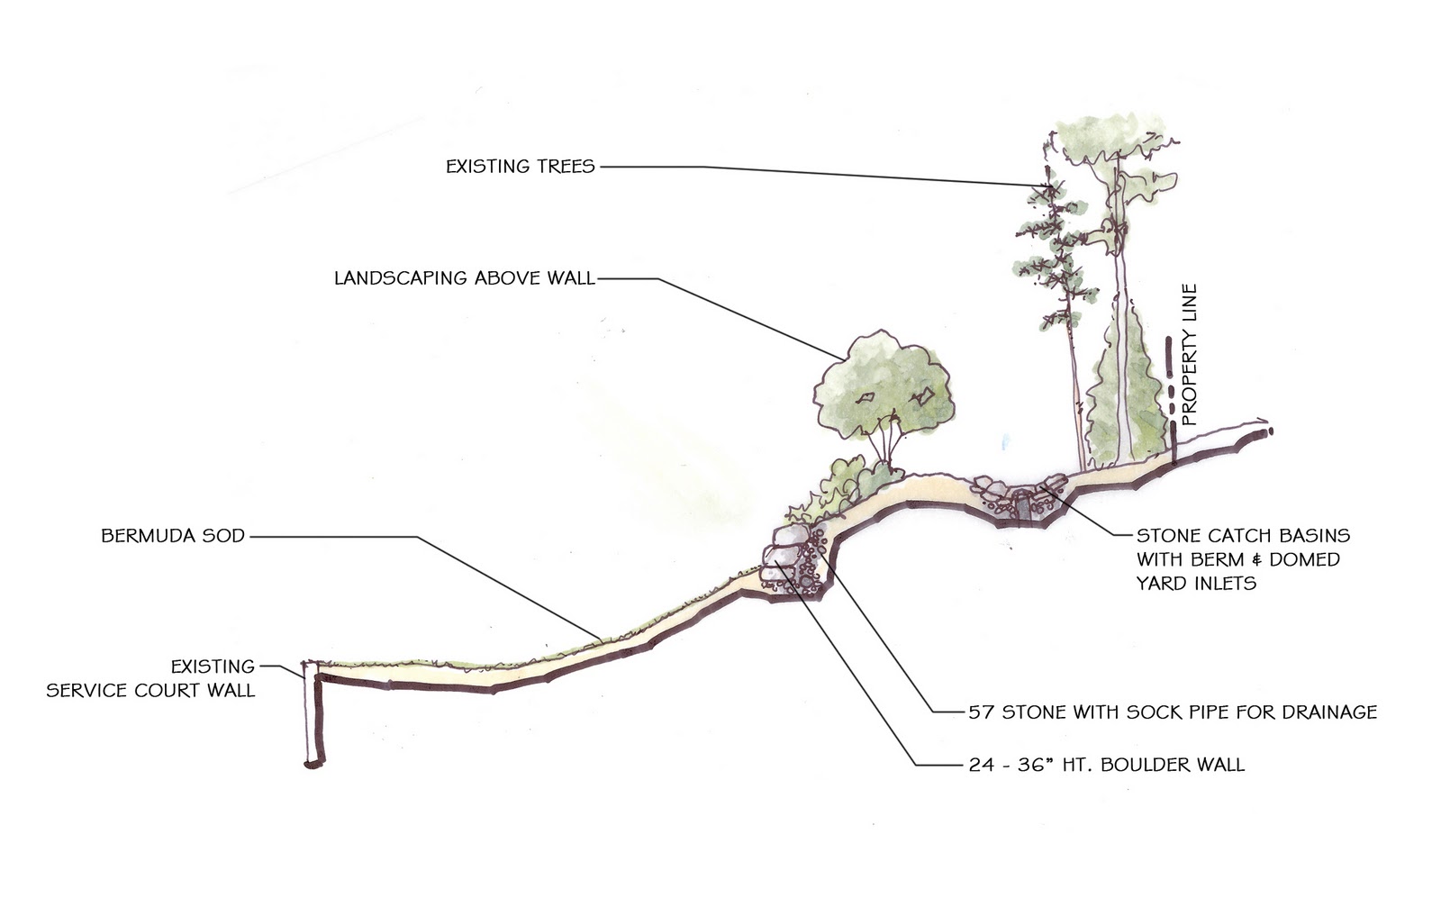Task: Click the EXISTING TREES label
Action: pyautogui.click(x=520, y=167)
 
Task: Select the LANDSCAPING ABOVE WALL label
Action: pyautogui.click(x=464, y=278)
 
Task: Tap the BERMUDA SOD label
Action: pyautogui.click(x=173, y=536)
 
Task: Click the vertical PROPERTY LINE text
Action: pyautogui.click(x=1190, y=355)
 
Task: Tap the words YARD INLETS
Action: pyautogui.click(x=1195, y=583)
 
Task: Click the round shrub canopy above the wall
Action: pyautogui.click(x=882, y=384)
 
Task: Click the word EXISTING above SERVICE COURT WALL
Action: pyautogui.click(x=213, y=667)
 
